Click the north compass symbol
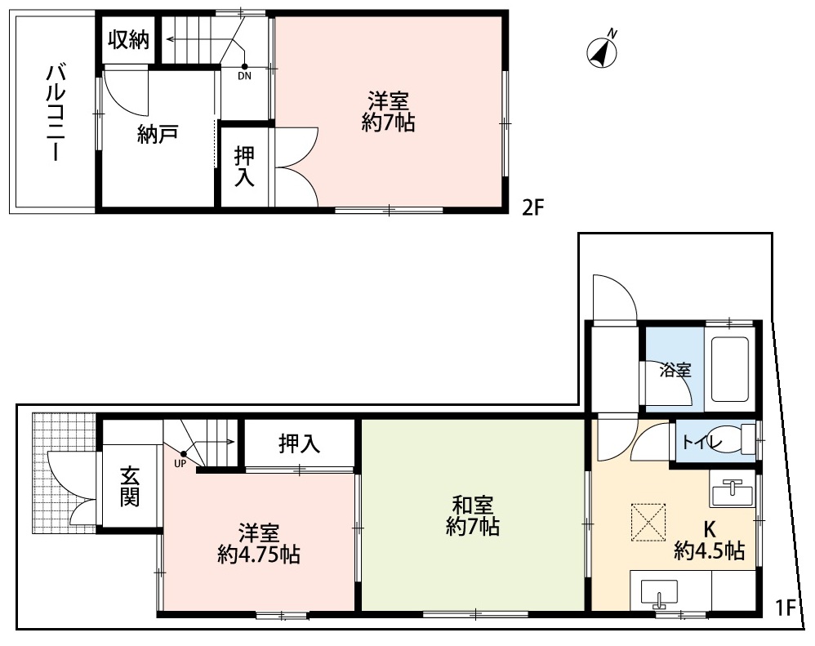tap(602, 51)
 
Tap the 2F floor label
tap(532, 207)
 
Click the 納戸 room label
tap(158, 136)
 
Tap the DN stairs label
tap(244, 77)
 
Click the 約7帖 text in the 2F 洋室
tap(388, 123)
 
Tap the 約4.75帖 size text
tap(258, 555)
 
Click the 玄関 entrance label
tap(129, 486)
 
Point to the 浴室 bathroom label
tap(675, 369)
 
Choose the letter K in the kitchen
tap(709, 527)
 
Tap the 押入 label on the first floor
tap(299, 443)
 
